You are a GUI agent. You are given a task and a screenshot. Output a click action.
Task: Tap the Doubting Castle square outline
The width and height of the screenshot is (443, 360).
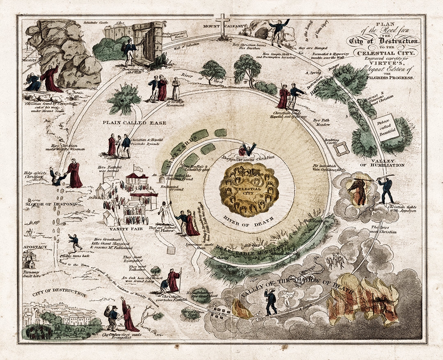click(341, 149)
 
